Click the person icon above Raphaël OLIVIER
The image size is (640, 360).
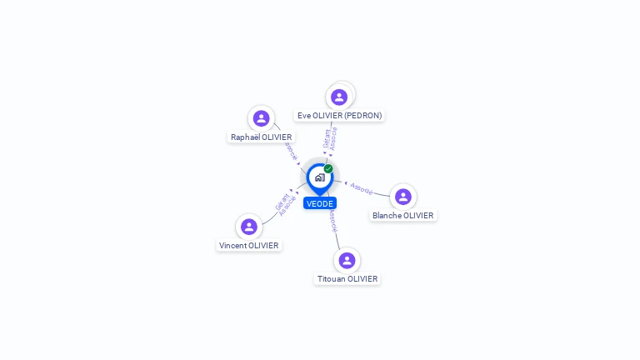262,118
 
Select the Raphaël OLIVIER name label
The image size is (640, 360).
262,137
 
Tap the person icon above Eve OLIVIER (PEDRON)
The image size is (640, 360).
339,97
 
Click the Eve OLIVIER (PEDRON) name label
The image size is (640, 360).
339,115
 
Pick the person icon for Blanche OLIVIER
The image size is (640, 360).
403,197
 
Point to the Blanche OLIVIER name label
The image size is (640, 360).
403,215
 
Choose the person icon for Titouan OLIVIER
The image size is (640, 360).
347,260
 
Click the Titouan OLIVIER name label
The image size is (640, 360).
347,278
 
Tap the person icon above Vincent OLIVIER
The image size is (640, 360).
248,227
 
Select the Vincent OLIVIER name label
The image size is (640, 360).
248,245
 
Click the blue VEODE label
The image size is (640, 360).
320,203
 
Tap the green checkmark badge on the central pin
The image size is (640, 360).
328,168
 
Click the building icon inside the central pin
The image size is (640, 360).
319,177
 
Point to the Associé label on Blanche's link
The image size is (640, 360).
362,189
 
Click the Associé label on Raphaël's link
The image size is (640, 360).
290,151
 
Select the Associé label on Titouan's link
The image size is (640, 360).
332,220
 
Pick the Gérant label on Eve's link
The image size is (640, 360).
327,138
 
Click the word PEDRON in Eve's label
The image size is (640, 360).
365,115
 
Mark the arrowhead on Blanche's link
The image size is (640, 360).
345,182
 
